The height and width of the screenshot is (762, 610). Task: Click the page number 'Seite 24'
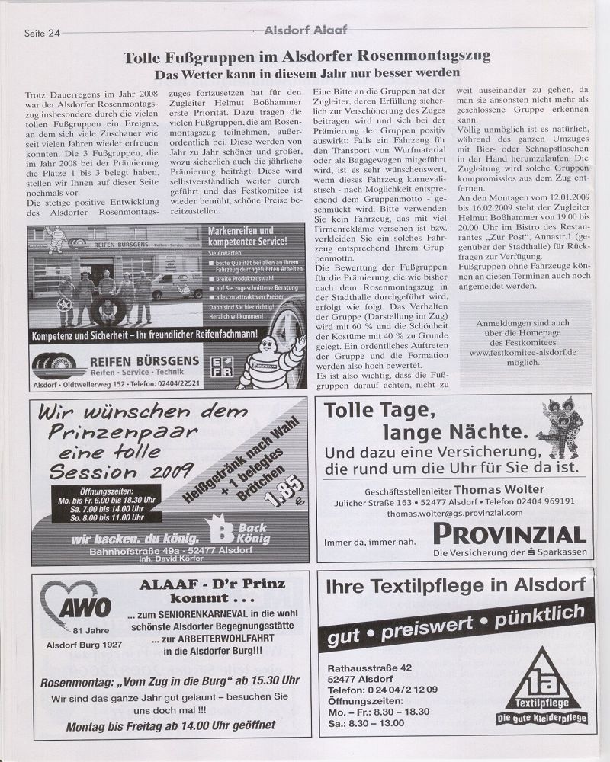[x=43, y=32]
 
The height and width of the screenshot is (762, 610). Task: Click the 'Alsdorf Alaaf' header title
[x=304, y=30]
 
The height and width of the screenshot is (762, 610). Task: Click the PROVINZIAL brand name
[x=509, y=533]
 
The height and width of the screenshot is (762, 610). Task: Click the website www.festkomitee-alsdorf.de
[x=522, y=353]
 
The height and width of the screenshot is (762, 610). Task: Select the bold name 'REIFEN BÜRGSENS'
[x=144, y=360]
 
